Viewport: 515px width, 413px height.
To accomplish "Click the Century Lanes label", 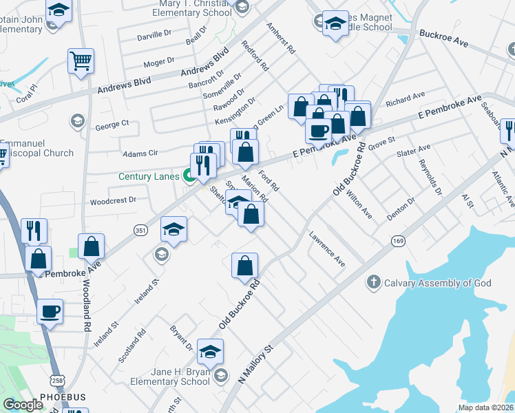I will coord(149,177).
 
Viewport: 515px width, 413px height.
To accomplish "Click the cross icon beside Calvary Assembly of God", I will coord(373,282).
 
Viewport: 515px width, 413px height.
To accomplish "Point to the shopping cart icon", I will coord(81,60).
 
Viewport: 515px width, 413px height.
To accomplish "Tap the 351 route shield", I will coord(140,229).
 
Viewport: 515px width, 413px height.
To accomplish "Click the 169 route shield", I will coord(399,240).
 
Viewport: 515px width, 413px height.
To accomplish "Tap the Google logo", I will coord(23,405).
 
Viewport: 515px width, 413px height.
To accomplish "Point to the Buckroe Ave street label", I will coord(443,38).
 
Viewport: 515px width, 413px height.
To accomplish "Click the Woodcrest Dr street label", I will coord(114,201).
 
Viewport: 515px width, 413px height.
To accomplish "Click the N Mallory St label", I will coord(255,364).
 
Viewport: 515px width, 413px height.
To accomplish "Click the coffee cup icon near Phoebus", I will coord(50,311).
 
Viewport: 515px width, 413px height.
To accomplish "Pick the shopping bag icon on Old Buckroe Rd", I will coord(244,265).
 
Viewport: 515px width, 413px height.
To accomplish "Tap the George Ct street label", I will coord(112,125).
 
